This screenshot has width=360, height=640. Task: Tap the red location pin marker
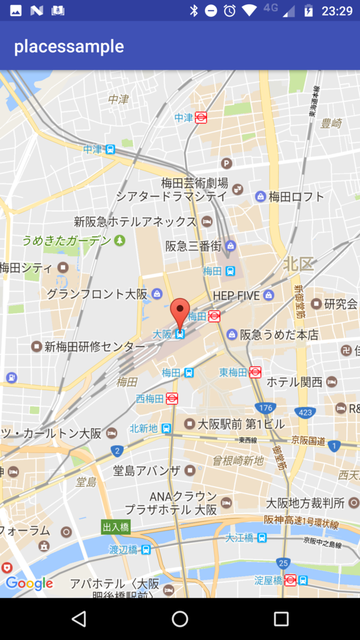(180, 311)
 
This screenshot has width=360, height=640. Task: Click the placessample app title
(69, 46)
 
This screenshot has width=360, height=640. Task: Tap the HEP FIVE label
(236, 295)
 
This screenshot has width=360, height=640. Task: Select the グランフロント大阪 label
(97, 294)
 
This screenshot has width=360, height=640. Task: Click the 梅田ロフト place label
(296, 197)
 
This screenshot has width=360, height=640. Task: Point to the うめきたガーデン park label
(66, 241)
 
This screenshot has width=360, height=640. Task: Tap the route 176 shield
(266, 407)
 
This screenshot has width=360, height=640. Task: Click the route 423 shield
(304, 412)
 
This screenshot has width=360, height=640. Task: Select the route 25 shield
(284, 563)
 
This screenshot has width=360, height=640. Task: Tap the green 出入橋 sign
(116, 527)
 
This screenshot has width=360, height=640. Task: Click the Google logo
(29, 584)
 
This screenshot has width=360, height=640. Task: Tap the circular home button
(180, 619)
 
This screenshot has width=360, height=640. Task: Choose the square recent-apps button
(281, 619)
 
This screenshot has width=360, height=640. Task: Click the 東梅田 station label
(234, 372)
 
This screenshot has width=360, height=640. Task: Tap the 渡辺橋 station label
(124, 550)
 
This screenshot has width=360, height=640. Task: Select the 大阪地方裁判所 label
(305, 502)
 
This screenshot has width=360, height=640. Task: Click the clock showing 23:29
(337, 11)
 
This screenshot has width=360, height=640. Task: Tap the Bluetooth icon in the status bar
(194, 11)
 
